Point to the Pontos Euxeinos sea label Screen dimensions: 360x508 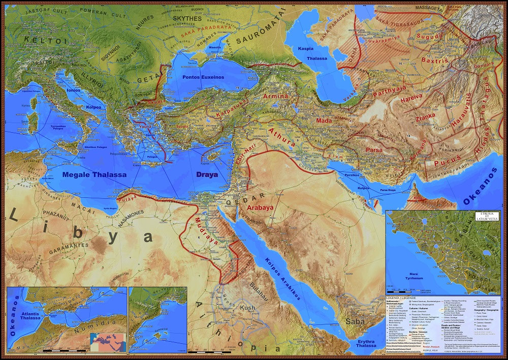click(203, 77)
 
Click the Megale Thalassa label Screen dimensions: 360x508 click(94, 174)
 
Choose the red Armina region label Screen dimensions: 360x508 click(276, 96)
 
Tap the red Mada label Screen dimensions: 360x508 click(324, 121)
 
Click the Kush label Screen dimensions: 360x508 click(247, 308)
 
